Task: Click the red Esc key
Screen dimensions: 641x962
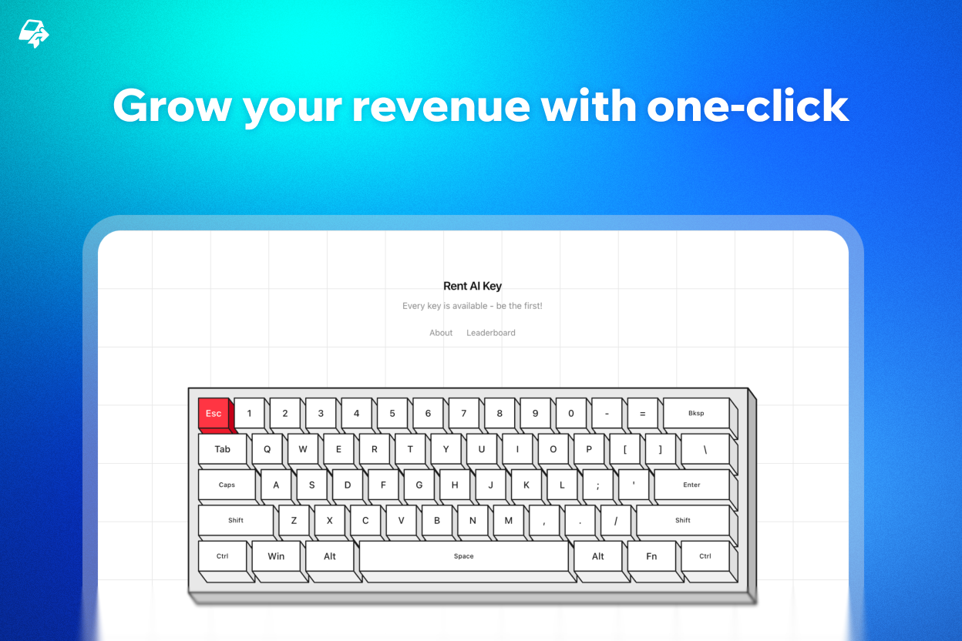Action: pyautogui.click(x=214, y=414)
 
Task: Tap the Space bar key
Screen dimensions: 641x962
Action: pyautogui.click(x=463, y=556)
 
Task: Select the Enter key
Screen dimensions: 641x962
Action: pyautogui.click(x=691, y=485)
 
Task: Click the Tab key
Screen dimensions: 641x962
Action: pyautogui.click(x=222, y=449)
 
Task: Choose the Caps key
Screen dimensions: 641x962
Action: pyautogui.click(x=227, y=485)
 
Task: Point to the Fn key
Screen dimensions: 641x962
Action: pyautogui.click(x=651, y=556)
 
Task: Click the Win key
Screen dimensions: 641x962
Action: pyautogui.click(x=276, y=556)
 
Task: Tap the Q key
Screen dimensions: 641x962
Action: pyautogui.click(x=267, y=449)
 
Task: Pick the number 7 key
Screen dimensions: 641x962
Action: pyautogui.click(x=463, y=414)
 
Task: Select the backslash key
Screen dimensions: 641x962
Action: pyautogui.click(x=705, y=449)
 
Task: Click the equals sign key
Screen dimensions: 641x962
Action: pyautogui.click(x=642, y=414)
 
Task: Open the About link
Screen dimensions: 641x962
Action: pyautogui.click(x=441, y=333)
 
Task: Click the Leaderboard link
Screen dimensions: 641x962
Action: pyautogui.click(x=491, y=333)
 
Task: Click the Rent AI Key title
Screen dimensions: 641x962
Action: pyautogui.click(x=473, y=286)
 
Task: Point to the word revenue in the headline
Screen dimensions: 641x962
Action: pyautogui.click(x=441, y=106)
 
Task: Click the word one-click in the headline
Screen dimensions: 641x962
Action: pyautogui.click(x=747, y=106)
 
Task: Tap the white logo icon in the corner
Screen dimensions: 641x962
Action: pyautogui.click(x=33, y=34)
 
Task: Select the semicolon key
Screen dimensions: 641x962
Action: pyautogui.click(x=597, y=485)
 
